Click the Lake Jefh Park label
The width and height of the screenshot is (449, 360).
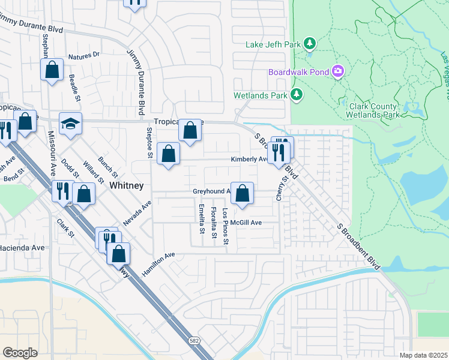[x=274, y=44]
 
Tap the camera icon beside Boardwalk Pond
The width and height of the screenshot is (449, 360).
[x=337, y=72]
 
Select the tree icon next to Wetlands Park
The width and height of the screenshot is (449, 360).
[x=295, y=94]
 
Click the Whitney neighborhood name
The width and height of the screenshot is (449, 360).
[x=127, y=186]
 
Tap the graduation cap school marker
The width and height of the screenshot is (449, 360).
[x=70, y=124]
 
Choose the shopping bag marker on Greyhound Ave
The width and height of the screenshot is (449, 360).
[x=242, y=193]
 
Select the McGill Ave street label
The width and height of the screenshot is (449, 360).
[x=249, y=223]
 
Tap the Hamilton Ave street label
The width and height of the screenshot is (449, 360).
[x=158, y=264]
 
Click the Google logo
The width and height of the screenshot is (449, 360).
[x=20, y=352]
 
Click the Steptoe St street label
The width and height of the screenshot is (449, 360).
[x=149, y=143]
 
